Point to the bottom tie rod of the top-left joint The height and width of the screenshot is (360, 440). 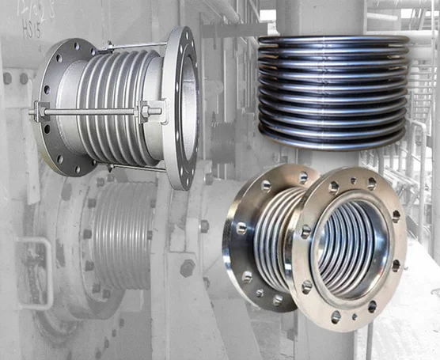tap(135, 169)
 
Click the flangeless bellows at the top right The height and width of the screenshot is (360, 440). tap(332, 87)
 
